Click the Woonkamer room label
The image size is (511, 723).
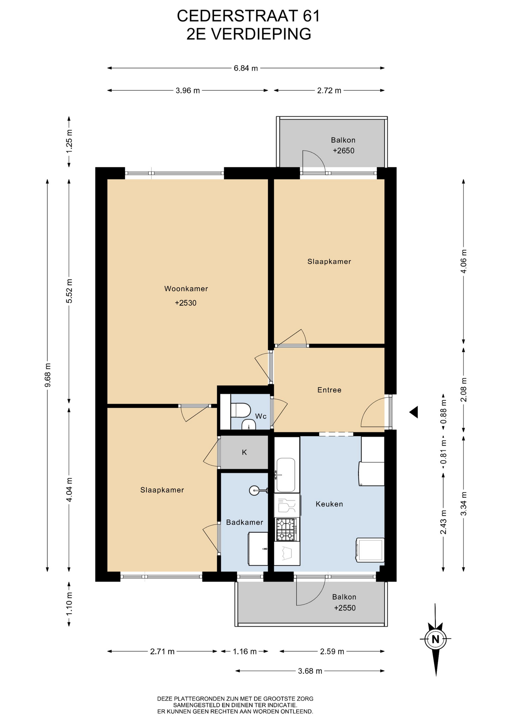point(186,289)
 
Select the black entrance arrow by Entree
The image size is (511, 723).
point(414,412)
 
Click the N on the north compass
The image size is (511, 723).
point(435,639)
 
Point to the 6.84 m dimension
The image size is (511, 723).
point(246,68)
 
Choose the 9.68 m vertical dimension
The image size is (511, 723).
point(47,375)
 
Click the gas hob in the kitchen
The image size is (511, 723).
point(286,530)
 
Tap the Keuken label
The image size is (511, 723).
point(329,504)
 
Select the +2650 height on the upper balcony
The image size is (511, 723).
point(344,151)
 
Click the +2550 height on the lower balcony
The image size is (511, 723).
point(345,608)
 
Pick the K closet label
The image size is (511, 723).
point(244,452)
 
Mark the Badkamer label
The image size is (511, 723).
point(245,522)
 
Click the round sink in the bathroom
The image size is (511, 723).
point(254,490)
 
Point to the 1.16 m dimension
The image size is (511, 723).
point(245,651)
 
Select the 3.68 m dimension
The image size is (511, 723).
point(310,671)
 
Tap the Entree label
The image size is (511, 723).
point(329,390)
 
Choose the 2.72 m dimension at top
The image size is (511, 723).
point(329,90)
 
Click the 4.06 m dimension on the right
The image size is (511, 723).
point(464,261)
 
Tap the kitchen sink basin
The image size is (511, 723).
point(286,475)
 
